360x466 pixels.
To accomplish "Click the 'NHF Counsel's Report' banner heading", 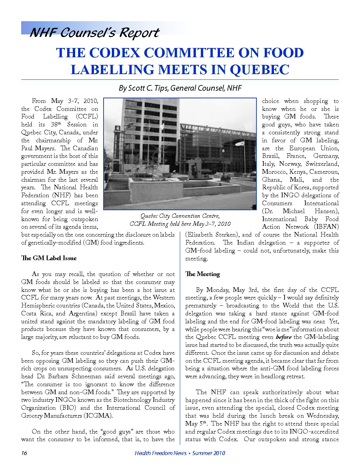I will (x=94, y=32).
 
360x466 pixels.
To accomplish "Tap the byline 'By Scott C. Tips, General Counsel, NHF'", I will (x=180, y=88).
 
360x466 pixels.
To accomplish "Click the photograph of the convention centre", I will (x=180, y=154).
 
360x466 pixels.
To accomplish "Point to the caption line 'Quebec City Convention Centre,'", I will (x=180, y=216).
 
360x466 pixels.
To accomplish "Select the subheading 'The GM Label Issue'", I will (x=49, y=258).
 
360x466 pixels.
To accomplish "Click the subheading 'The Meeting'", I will (x=202, y=274).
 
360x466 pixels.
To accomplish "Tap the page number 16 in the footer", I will (x=24, y=453).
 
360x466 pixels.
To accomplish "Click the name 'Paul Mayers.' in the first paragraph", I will (x=37, y=148).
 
